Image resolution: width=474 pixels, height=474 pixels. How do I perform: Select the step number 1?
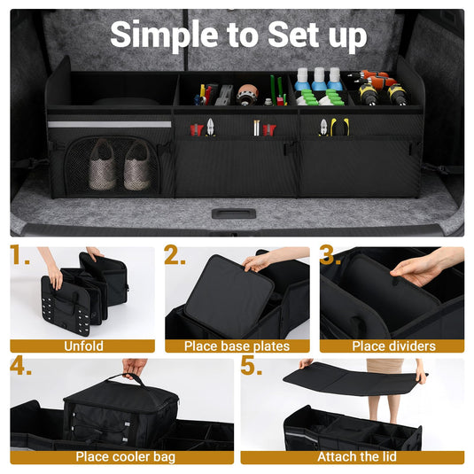(x=20, y=257)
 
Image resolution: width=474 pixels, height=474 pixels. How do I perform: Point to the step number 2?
(x=175, y=257)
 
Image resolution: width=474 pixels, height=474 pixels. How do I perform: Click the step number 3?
(x=330, y=257)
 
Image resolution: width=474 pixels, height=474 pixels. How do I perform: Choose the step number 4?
(x=21, y=367)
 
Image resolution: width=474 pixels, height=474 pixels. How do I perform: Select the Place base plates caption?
(x=237, y=346)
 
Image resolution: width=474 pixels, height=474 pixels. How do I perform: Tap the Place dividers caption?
(x=392, y=346)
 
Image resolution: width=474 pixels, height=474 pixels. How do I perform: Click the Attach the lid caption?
(x=352, y=457)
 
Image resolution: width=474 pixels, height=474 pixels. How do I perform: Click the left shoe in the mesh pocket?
(x=102, y=165)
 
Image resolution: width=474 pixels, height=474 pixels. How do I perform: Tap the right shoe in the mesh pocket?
(x=136, y=167)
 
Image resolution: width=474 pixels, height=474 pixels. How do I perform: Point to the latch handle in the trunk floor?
(x=234, y=214)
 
